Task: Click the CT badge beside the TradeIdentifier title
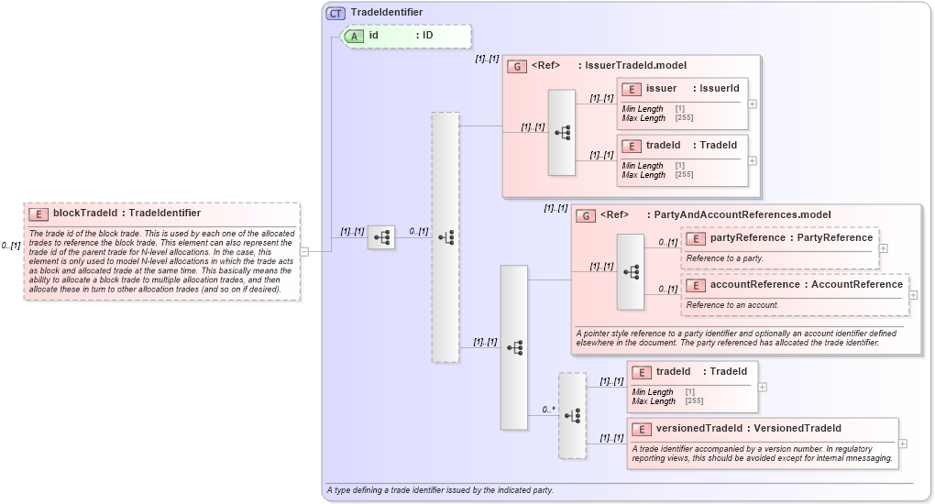[335, 13]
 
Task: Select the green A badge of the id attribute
[353, 36]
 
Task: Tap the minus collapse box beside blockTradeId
[304, 251]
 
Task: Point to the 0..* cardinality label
[548, 410]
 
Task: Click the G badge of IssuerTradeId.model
[517, 66]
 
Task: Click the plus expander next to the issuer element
[753, 104]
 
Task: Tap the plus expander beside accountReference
[913, 295]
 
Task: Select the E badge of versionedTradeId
[643, 429]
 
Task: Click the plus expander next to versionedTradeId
[903, 444]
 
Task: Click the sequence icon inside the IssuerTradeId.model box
[562, 133]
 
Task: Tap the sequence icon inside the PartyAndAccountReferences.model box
[631, 272]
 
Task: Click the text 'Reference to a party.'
[725, 258]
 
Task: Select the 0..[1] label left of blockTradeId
[11, 246]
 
